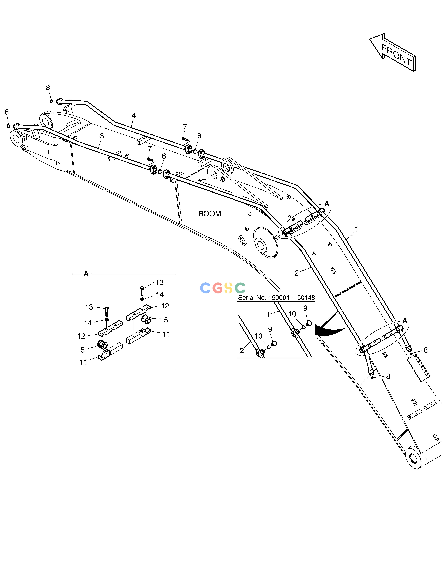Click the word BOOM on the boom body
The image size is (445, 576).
coord(210,214)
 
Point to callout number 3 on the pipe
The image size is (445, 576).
coord(102,136)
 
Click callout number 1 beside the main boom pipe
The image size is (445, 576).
coord(356,229)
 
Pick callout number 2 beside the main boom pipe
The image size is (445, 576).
coord(297,273)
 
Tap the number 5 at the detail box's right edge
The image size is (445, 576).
coord(166,320)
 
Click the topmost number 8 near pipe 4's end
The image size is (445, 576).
coord(48,88)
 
